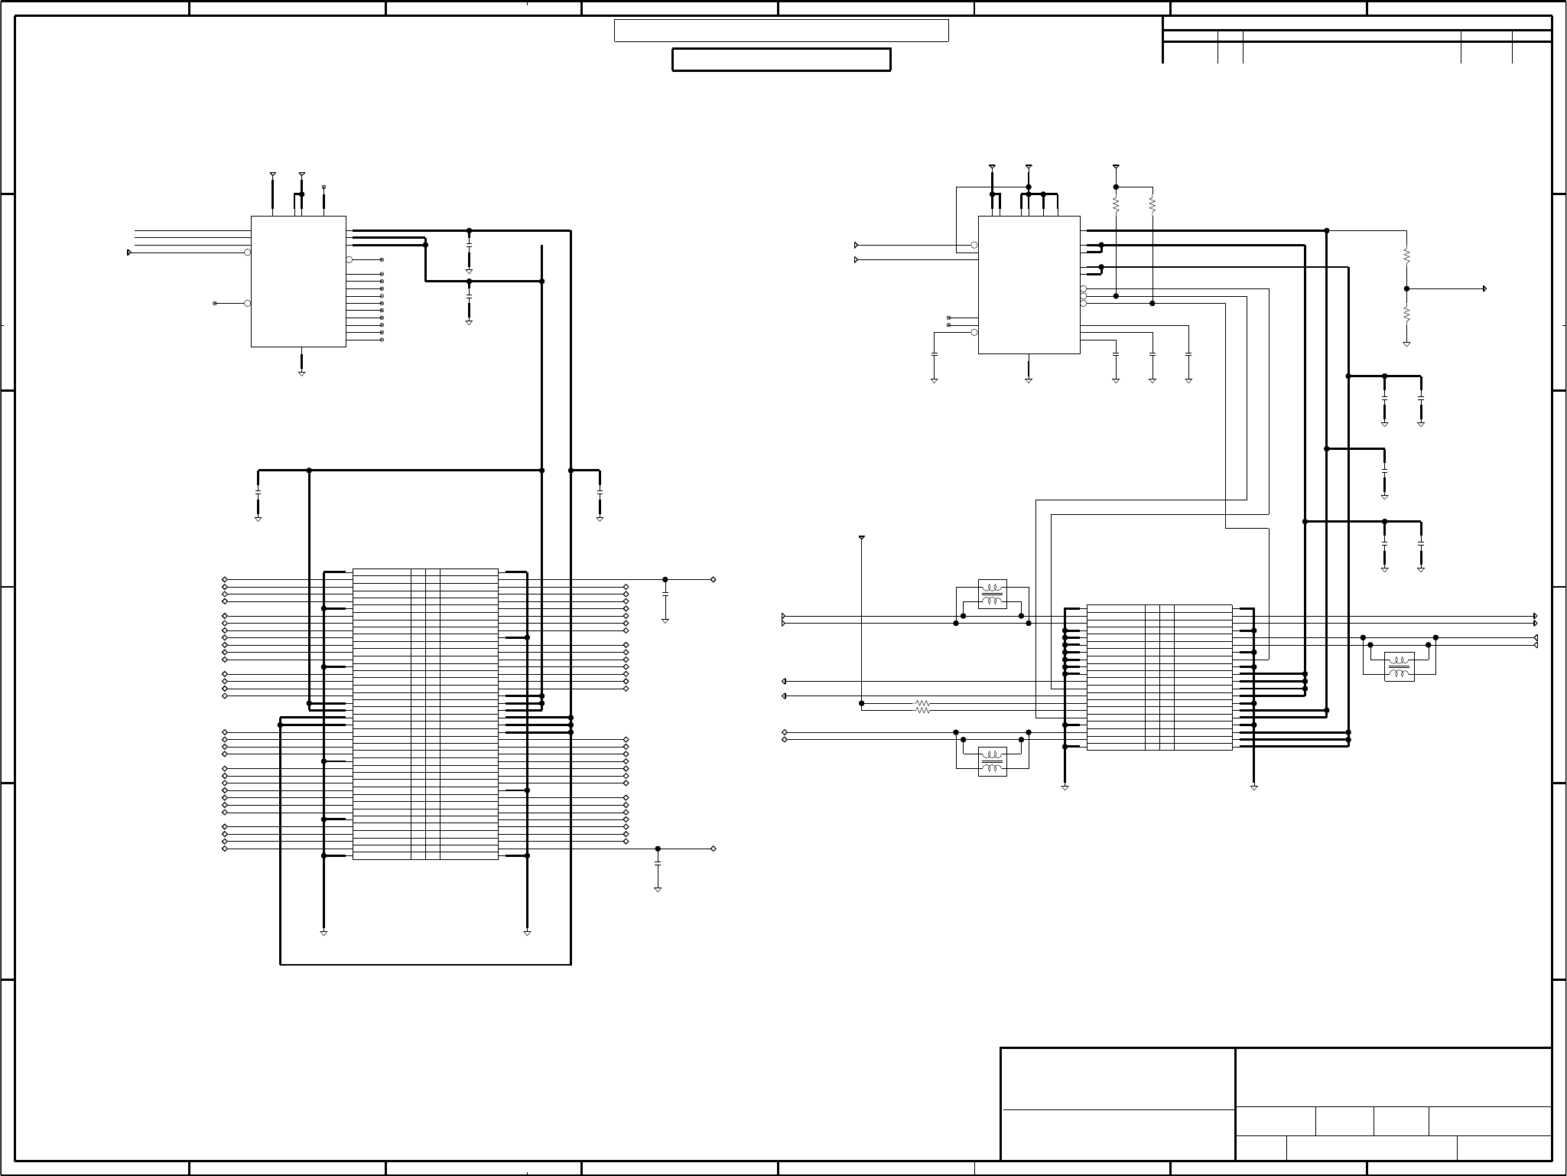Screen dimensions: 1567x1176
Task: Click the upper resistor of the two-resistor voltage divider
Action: (1406, 256)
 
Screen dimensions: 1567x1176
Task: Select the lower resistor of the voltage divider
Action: (1406, 314)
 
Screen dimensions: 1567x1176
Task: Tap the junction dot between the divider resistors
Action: (1406, 288)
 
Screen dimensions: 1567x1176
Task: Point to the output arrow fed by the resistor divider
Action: (1484, 288)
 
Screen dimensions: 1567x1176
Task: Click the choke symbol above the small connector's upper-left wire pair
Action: (993, 595)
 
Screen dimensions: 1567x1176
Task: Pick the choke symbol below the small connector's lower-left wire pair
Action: (993, 761)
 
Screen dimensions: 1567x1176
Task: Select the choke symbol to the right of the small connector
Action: (1399, 666)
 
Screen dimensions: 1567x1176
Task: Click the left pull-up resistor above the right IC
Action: (1116, 205)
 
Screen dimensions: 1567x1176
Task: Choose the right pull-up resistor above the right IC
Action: (1152, 205)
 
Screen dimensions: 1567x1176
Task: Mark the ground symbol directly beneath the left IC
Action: (301, 373)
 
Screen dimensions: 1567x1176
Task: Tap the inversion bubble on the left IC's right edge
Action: (349, 259)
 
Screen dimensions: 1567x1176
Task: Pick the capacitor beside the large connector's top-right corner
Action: (665, 594)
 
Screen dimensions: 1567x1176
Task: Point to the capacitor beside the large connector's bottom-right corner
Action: (658, 863)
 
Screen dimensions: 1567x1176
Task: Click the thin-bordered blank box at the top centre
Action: (781, 31)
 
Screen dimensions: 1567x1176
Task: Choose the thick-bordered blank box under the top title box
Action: (781, 60)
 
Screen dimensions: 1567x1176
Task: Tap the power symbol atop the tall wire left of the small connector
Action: (862, 538)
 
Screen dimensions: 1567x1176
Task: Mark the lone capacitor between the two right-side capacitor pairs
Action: (1384, 471)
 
